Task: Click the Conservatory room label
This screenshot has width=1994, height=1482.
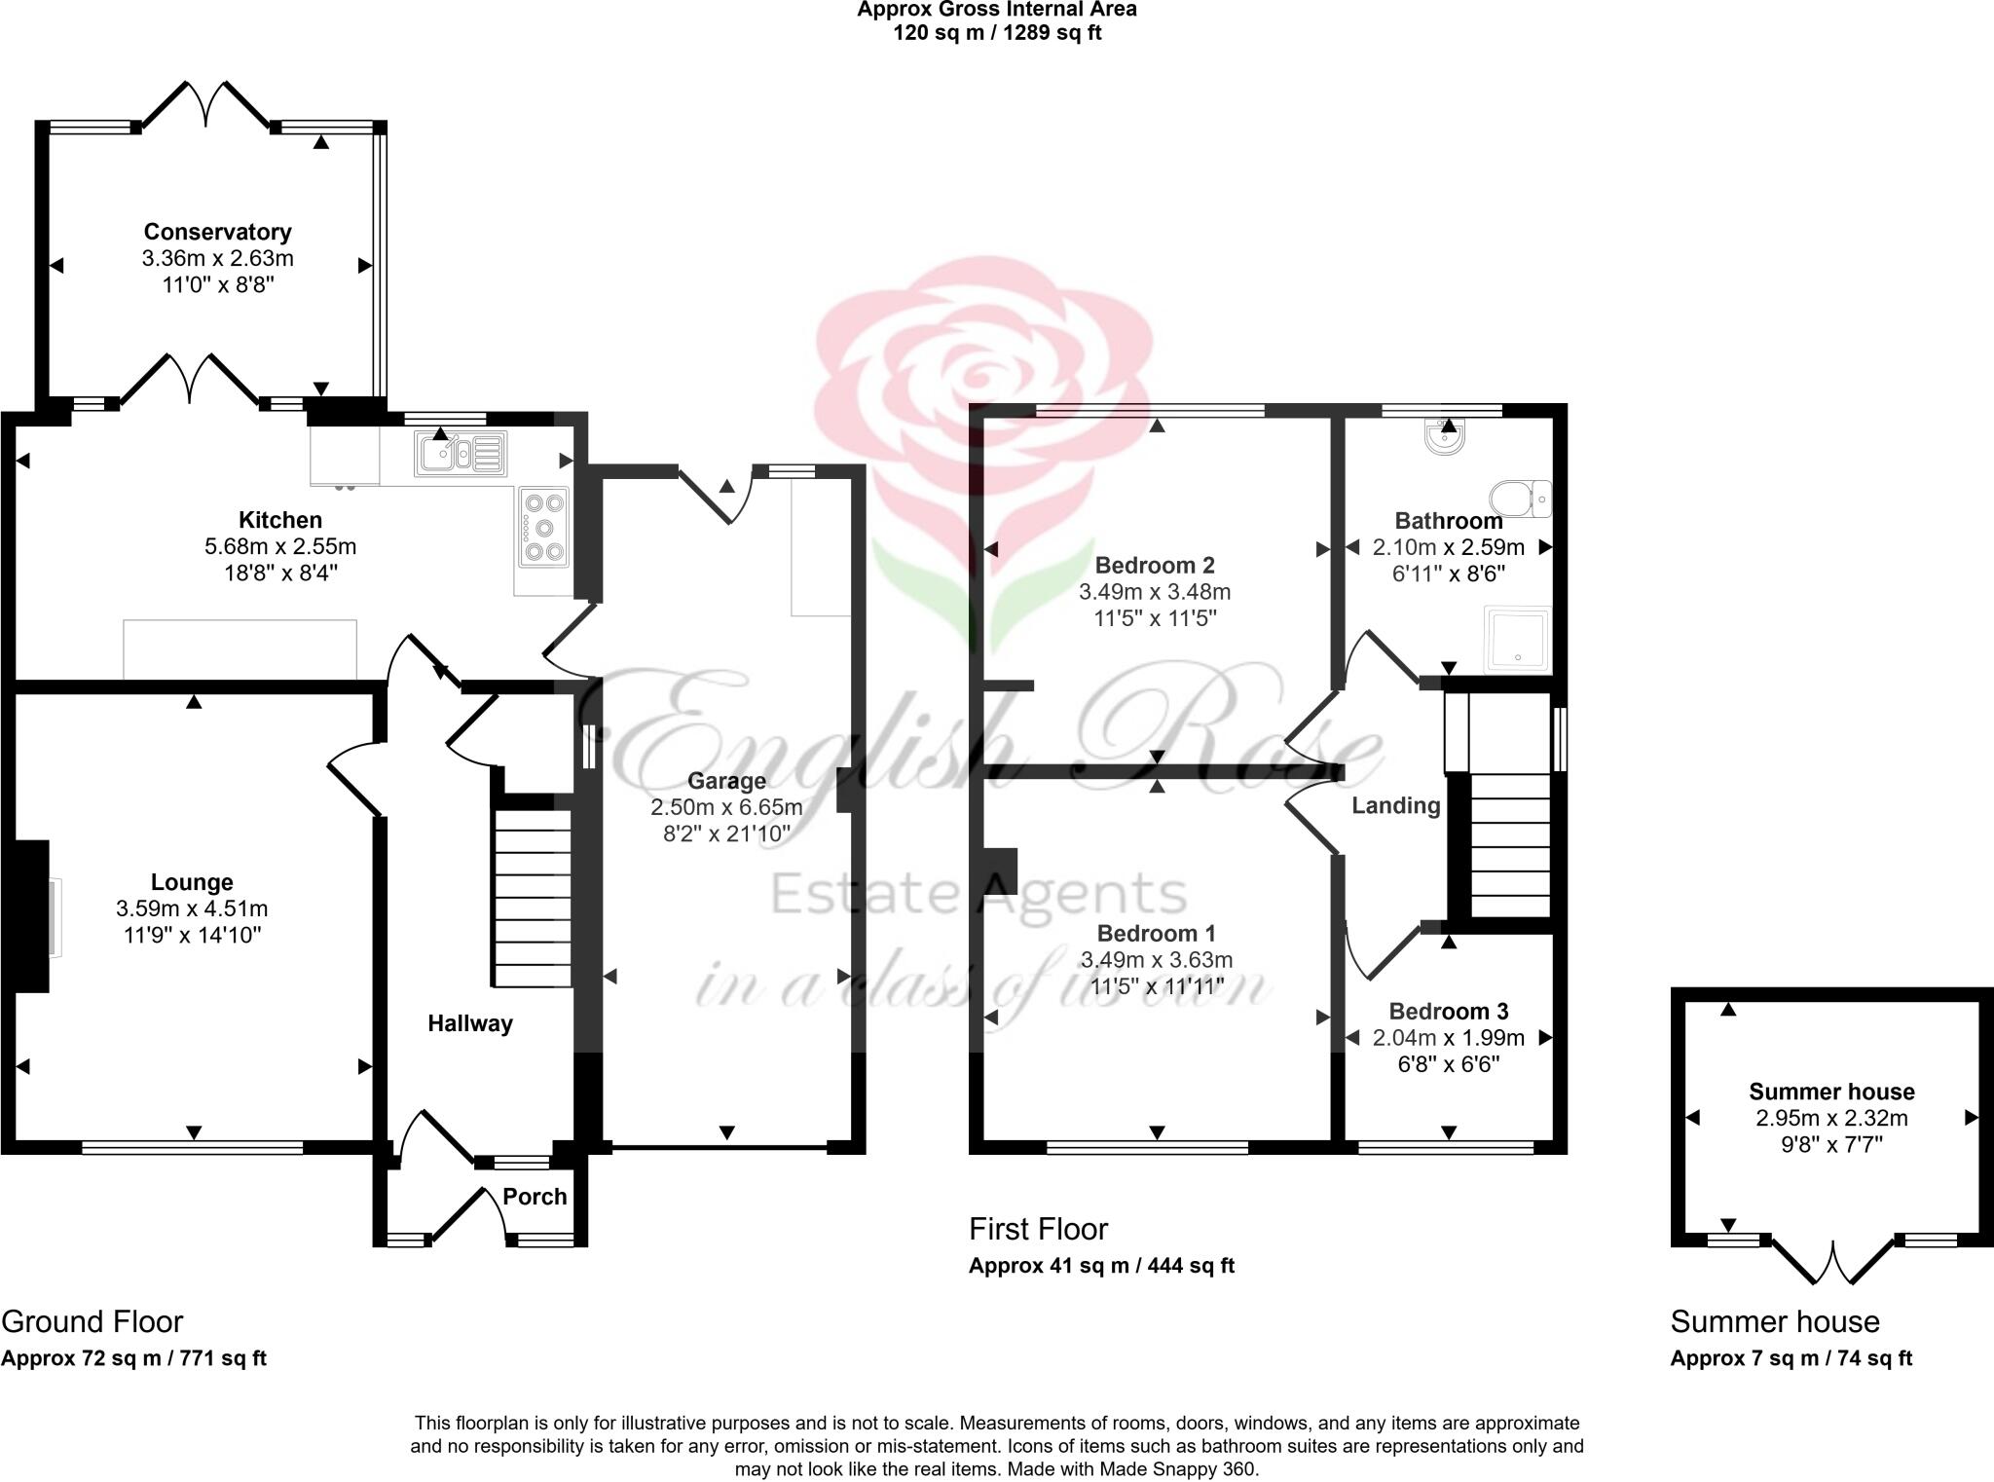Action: (x=217, y=232)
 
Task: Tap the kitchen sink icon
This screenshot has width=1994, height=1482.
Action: (x=461, y=454)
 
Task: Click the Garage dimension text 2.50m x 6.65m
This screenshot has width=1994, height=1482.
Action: (x=726, y=807)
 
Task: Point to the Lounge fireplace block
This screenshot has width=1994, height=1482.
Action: (x=31, y=915)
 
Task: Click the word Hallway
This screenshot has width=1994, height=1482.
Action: (x=470, y=1023)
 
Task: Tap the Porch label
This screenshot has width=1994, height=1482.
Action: (x=535, y=1197)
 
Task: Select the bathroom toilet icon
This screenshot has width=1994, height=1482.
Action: (x=1521, y=499)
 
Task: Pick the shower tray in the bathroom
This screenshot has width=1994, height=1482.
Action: (x=1517, y=640)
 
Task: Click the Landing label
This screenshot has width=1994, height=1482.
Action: (x=1395, y=805)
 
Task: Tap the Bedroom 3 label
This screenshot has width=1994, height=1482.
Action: (x=1448, y=1011)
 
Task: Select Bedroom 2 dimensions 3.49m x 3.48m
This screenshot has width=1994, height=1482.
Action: (x=1155, y=592)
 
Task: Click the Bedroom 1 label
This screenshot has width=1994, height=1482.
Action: (x=1155, y=933)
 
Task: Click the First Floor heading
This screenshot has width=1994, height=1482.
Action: (x=1038, y=1230)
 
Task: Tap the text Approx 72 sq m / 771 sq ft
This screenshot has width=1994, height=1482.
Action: (x=133, y=1358)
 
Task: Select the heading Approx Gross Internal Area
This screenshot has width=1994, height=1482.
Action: (x=996, y=10)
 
